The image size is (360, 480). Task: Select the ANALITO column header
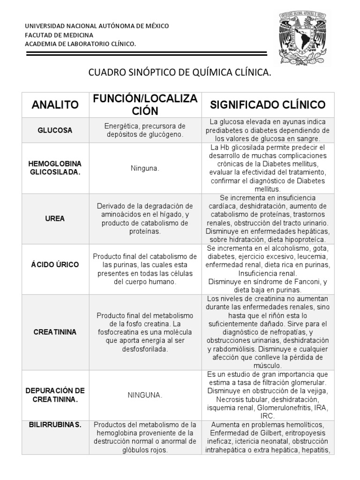[55, 105]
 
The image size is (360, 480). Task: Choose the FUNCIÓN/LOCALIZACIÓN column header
[144, 105]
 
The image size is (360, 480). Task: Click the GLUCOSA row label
[55, 130]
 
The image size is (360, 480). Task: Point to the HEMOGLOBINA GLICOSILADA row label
[55, 168]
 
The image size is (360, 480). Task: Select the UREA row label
[55, 218]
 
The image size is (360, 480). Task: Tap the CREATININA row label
[55, 332]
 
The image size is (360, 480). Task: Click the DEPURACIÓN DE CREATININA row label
[55, 395]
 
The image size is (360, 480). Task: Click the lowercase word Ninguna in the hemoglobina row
[144, 168]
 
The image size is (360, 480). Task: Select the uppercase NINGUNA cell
[144, 395]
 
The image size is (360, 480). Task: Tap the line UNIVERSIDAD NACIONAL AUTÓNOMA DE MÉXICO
[97, 26]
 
